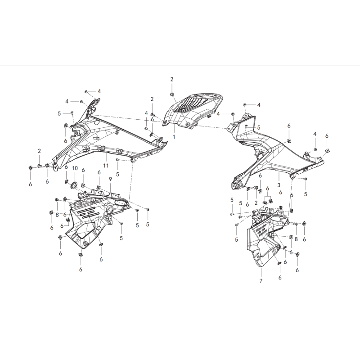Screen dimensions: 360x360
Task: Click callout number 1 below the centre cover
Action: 174,137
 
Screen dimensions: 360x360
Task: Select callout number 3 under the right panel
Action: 279,185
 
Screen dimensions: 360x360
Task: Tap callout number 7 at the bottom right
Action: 261,281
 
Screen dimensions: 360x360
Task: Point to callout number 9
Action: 110,179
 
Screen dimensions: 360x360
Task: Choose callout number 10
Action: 75,168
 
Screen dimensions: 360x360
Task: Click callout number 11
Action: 106,166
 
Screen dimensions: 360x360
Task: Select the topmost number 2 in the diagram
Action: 172,80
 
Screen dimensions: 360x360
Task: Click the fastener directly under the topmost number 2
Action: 172,94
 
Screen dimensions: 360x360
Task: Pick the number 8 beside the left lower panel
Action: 57,215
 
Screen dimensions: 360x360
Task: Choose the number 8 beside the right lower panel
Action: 296,239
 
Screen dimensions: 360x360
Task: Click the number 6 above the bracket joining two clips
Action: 267,189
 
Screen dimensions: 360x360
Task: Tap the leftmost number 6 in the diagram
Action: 30,184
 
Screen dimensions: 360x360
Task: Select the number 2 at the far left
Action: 39,151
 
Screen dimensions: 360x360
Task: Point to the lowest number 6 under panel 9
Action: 81,269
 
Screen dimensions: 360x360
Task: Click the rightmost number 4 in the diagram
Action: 315,134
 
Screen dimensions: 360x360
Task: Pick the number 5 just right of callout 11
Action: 117,175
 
